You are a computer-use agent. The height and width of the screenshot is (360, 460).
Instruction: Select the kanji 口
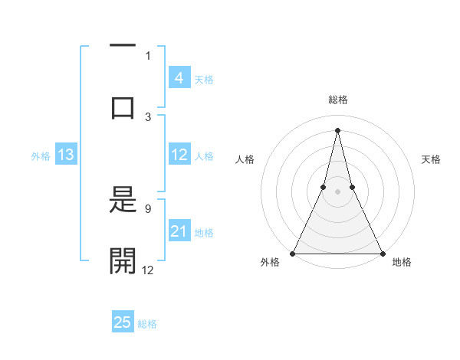coord(123,106)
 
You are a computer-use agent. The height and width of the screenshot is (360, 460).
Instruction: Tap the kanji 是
coord(123,202)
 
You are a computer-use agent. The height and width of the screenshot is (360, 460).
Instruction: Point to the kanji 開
coord(123,260)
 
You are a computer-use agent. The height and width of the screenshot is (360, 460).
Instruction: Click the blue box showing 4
coord(179,77)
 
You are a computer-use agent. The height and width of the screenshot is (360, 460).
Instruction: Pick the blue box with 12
coord(179,155)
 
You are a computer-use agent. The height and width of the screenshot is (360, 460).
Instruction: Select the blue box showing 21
coord(179,231)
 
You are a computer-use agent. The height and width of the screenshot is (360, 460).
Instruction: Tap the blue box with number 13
coord(66,155)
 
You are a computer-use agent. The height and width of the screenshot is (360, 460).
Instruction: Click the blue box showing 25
coord(123,322)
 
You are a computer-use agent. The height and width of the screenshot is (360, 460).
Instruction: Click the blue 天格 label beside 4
coord(204,79)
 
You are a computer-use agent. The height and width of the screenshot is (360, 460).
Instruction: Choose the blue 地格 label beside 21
coord(204,233)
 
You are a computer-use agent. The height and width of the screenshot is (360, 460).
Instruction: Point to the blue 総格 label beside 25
coord(147,324)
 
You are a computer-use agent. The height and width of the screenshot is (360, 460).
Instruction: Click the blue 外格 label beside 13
coord(41,156)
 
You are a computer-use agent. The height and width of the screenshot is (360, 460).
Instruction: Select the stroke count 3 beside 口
coord(148,116)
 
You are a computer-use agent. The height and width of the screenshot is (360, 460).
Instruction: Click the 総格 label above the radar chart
coord(337,100)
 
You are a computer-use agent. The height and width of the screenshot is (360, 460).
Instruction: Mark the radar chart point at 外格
coord(293,253)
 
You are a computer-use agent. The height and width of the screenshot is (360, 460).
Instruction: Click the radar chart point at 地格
coord(382,253)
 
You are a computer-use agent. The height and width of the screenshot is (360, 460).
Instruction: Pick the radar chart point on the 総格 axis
coord(337,129)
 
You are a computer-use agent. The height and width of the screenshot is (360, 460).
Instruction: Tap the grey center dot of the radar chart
coord(337,191)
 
